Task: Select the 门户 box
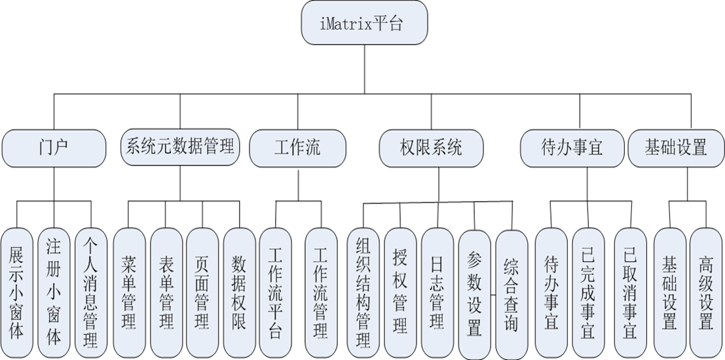pyautogui.click(x=54, y=147)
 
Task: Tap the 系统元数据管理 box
pyautogui.click(x=179, y=147)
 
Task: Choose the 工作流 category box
pyautogui.click(x=298, y=147)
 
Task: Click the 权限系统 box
pyautogui.click(x=431, y=147)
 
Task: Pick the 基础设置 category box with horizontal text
pyautogui.click(x=676, y=147)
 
